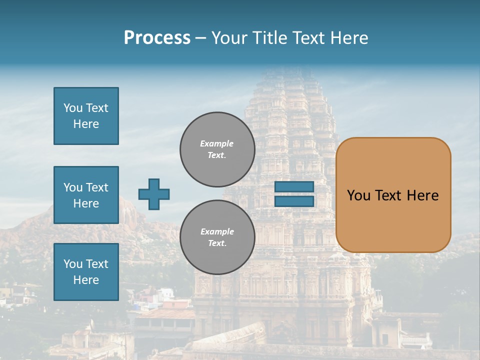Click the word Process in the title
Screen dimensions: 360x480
tap(157, 38)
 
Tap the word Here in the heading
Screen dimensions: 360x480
tap(348, 38)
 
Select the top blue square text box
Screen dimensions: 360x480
tap(86, 116)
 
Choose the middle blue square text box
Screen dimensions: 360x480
tap(86, 195)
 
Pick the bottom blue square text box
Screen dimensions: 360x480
tap(86, 272)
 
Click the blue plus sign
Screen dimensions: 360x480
tap(154, 194)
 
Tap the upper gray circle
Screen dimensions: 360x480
tap(217, 149)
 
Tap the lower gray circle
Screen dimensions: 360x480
tap(217, 237)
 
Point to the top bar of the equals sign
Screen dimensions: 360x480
tap(294, 187)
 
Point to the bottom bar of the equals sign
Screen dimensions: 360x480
tap(294, 201)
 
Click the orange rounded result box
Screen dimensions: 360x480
tap(393, 195)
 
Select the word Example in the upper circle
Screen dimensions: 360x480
tap(217, 143)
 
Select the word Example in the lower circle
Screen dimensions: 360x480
tap(217, 231)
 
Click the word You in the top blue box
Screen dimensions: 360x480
tap(73, 108)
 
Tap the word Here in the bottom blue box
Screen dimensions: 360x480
tap(86, 280)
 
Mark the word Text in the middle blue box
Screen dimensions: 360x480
tap(97, 187)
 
